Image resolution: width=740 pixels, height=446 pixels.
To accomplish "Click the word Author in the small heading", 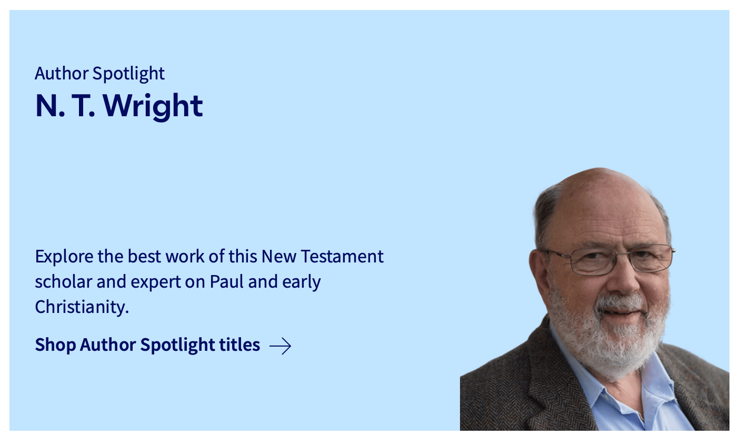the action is [x=62, y=73].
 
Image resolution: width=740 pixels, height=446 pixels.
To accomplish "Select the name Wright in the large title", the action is [x=153, y=106].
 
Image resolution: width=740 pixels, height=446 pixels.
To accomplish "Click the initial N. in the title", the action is [x=50, y=106].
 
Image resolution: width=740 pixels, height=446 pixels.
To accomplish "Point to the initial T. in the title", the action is [x=83, y=106].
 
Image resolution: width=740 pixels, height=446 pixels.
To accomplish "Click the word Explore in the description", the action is [x=64, y=257].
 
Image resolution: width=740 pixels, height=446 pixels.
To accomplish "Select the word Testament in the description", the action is [x=342, y=256].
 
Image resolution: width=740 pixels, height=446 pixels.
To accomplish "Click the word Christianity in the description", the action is [x=82, y=307].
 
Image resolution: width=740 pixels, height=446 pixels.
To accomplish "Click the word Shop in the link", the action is [x=55, y=345].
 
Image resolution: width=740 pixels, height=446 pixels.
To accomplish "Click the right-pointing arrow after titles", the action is [x=281, y=346].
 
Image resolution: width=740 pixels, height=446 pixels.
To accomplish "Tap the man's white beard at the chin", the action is [x=618, y=353].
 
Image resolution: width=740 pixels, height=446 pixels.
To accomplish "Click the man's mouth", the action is [x=621, y=312].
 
